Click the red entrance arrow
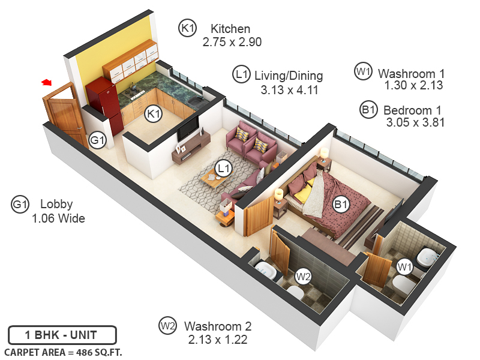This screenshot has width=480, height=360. [46, 82]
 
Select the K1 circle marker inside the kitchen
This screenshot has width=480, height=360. [154, 113]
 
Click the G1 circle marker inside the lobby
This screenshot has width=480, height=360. [97, 141]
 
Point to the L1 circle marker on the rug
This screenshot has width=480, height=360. [224, 169]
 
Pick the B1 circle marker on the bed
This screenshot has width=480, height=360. [341, 205]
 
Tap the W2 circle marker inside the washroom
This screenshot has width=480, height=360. [304, 277]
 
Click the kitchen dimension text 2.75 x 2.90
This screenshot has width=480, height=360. [232, 42]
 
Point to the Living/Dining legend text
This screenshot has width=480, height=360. [289, 76]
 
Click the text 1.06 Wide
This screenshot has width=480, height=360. [58, 218]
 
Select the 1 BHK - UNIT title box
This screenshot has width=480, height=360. [61, 335]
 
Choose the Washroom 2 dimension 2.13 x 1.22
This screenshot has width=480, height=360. [218, 340]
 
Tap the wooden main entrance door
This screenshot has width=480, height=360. [63, 113]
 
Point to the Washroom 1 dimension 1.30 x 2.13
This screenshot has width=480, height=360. [413, 85]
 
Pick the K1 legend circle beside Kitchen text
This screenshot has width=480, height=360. [188, 27]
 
